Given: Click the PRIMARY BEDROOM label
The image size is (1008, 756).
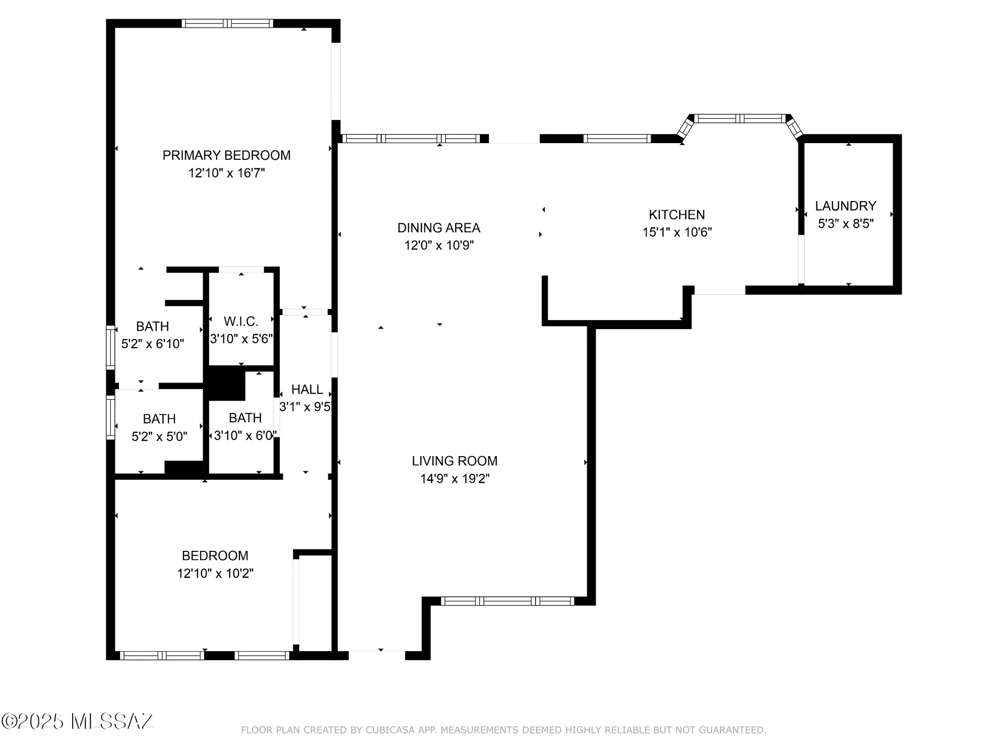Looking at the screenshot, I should coord(226,155).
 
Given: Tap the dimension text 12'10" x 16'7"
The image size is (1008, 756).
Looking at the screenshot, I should coord(226,173).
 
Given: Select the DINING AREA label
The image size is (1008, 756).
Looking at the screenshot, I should coord(438,228).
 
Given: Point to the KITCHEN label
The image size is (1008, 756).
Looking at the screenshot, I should coord(676,215).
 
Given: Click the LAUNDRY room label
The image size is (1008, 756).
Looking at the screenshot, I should coord(845,206).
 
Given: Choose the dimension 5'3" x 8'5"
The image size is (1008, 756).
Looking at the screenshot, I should coord(845,223).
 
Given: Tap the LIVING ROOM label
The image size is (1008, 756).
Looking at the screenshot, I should coord(454,461).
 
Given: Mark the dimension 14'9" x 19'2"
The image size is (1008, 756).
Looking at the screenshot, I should coord(455,478).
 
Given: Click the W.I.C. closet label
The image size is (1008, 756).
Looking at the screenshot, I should coord(241,321).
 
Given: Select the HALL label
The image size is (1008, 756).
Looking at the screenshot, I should coord(307,389).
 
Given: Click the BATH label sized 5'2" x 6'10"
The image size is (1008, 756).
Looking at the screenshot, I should coord(152,326).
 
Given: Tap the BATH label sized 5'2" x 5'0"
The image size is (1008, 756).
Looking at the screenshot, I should coord(159,419).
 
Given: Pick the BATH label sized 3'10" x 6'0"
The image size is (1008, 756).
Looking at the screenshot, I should coord(245,418).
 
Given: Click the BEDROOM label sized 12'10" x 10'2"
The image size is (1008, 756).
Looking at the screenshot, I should coord(215,555).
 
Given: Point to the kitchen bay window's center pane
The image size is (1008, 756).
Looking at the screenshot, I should coord(740,118).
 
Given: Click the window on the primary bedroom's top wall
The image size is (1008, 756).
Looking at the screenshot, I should coord(227,23).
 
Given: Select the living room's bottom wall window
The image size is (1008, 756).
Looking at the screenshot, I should coord(507,601).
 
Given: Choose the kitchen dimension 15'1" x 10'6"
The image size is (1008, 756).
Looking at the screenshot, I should coord(676,232).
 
